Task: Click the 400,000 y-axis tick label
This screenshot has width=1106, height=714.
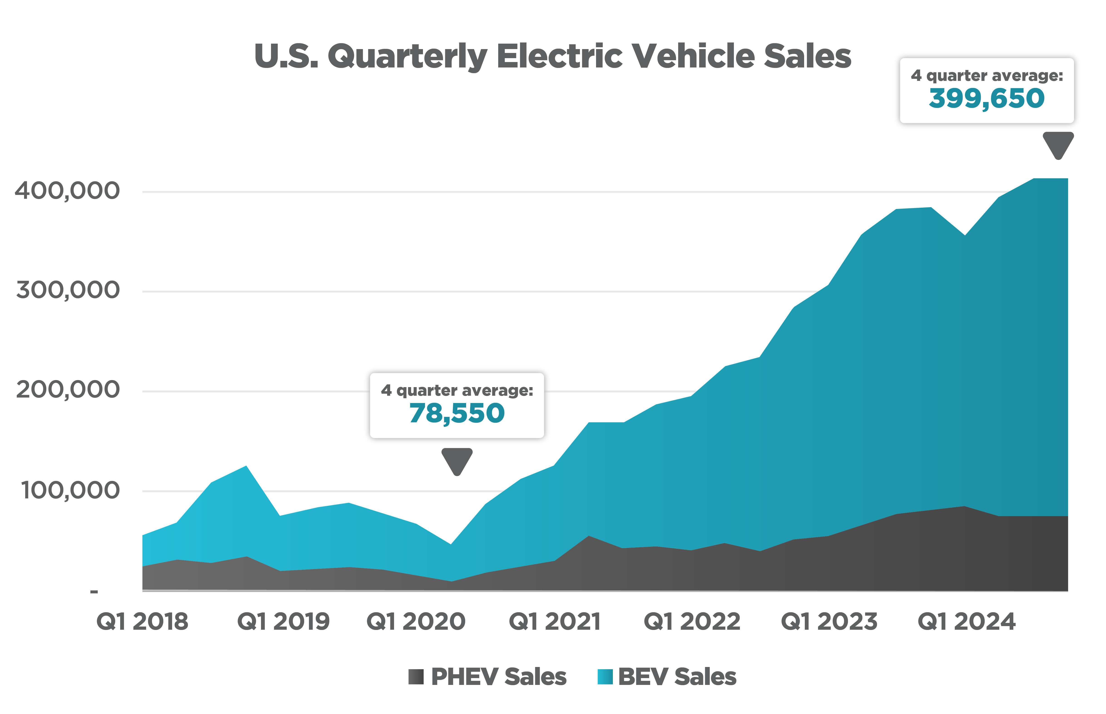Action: (67, 191)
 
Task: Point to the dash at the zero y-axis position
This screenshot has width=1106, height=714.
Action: (94, 592)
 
